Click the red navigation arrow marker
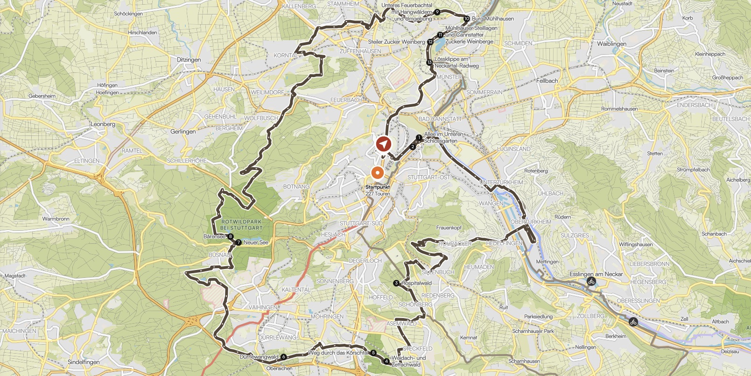(384, 144)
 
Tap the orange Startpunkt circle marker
(378, 173)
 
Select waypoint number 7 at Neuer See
(239, 242)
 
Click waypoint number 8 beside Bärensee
(230, 236)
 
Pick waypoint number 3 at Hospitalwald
(396, 283)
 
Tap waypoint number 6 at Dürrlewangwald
(284, 357)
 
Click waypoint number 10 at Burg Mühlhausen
(466, 19)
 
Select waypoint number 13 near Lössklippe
(429, 63)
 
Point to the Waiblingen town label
(611, 44)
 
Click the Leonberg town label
(103, 124)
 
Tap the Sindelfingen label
(84, 362)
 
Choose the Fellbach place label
(547, 81)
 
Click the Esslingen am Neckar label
(596, 274)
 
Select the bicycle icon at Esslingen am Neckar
(591, 282)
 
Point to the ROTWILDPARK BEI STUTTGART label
(241, 225)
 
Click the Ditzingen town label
(189, 60)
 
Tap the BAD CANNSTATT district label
(440, 119)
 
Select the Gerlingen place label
(183, 132)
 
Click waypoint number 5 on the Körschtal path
(373, 353)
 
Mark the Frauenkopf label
(449, 228)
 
